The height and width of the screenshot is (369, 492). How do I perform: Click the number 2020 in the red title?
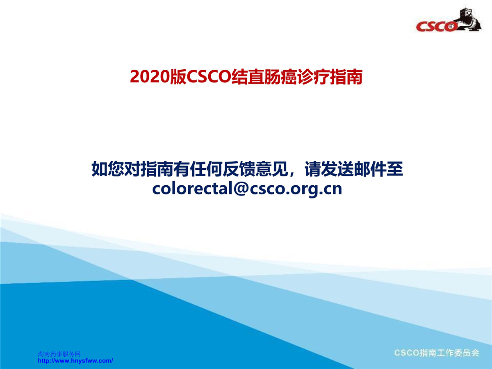click(x=150, y=77)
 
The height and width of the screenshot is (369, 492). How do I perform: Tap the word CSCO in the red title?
click(x=209, y=77)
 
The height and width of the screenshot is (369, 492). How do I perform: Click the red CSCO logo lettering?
click(x=436, y=27)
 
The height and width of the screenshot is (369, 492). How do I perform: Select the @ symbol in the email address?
click(x=241, y=189)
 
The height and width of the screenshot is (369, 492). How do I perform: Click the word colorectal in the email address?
click(x=193, y=189)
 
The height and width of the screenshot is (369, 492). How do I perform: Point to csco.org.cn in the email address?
click(x=296, y=189)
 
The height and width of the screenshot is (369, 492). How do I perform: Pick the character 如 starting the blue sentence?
click(x=100, y=169)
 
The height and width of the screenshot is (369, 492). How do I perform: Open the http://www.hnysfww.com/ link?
click(x=75, y=361)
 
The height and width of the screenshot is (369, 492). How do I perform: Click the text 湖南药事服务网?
click(x=59, y=354)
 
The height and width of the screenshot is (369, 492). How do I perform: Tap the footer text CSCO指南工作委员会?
click(x=437, y=353)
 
